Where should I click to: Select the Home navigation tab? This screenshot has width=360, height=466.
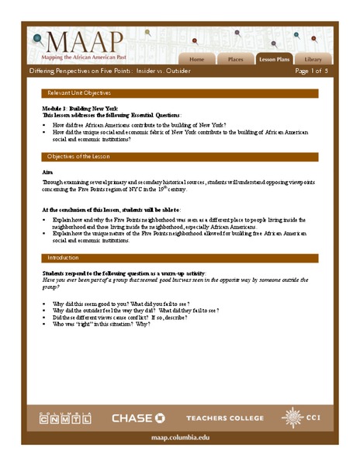197,59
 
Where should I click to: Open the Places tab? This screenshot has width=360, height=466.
235,59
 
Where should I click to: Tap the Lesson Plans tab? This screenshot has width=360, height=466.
274,59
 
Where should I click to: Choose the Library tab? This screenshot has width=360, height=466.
313,59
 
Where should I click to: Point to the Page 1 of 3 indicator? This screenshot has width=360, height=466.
313,71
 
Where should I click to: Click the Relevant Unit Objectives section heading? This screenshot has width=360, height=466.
81,92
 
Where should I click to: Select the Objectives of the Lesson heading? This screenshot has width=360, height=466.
81,156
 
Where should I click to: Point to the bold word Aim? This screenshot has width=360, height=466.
47,172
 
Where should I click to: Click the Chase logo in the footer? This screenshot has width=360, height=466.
138,419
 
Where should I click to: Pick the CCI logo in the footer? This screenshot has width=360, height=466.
302,418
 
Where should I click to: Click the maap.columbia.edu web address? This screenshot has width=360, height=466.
179,438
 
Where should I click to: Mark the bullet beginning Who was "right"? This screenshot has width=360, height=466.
101,323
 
